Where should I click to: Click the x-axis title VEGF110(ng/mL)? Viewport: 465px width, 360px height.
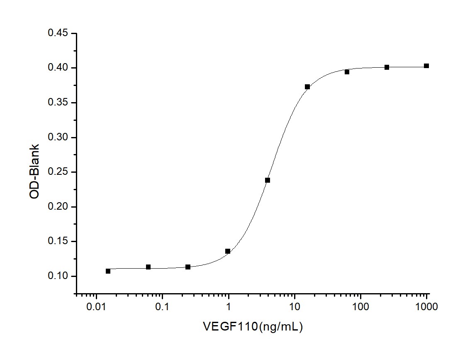253,327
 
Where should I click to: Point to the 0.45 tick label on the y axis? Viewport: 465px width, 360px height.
58,33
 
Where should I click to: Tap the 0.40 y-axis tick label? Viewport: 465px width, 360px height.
58,68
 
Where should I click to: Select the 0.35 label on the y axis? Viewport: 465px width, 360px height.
58,103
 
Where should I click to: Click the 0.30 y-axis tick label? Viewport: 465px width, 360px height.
58,137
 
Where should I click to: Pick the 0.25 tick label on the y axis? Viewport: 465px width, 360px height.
58,172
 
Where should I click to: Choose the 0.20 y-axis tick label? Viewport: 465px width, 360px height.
58,207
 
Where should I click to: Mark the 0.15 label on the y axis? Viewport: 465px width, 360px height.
58,241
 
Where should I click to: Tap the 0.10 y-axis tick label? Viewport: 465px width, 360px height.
58,276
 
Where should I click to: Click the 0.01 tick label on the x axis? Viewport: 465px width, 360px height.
96,307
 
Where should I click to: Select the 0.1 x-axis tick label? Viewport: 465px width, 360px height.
162,307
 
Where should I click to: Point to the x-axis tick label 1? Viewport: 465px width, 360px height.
229,307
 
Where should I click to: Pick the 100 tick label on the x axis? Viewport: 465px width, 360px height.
360,307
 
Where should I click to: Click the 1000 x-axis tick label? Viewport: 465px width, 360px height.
426,307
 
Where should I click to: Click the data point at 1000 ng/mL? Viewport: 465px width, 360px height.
426,66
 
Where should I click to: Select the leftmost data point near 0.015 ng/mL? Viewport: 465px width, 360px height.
108,271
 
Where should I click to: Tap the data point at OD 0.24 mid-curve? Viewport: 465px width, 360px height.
268,180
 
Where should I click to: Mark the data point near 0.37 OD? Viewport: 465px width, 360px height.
307,87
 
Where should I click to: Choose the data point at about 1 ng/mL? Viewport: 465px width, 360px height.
228,251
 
